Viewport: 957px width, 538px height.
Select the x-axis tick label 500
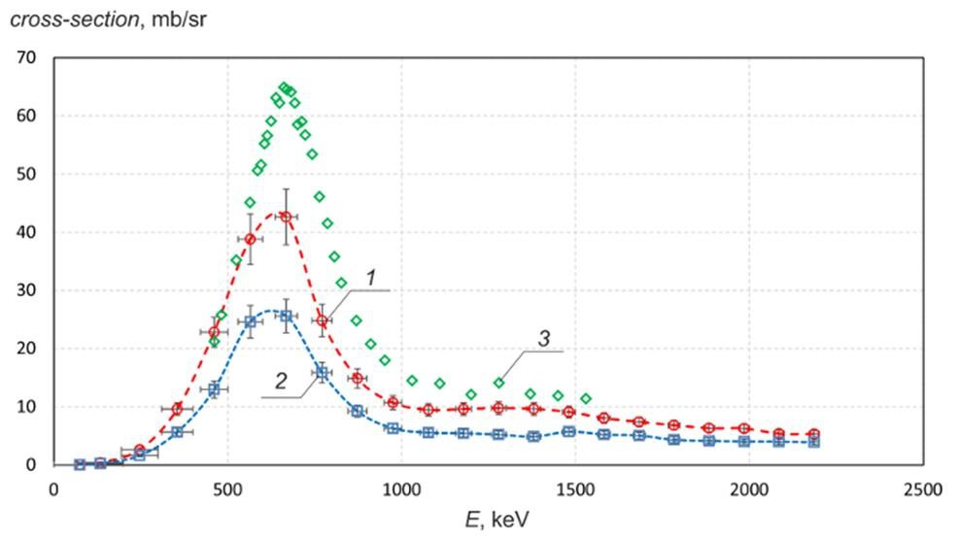[227, 488]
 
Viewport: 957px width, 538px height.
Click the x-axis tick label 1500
[574, 488]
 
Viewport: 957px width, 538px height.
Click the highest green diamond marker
[284, 87]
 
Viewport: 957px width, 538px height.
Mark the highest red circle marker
[286, 217]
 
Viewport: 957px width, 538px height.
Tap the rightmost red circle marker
[814, 434]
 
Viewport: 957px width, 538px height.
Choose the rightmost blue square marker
[814, 442]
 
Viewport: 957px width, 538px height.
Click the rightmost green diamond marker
[585, 398]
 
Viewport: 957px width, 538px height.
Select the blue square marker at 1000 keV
[392, 428]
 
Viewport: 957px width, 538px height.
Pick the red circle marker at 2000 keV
[744, 428]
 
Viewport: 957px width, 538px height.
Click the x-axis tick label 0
[53, 488]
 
